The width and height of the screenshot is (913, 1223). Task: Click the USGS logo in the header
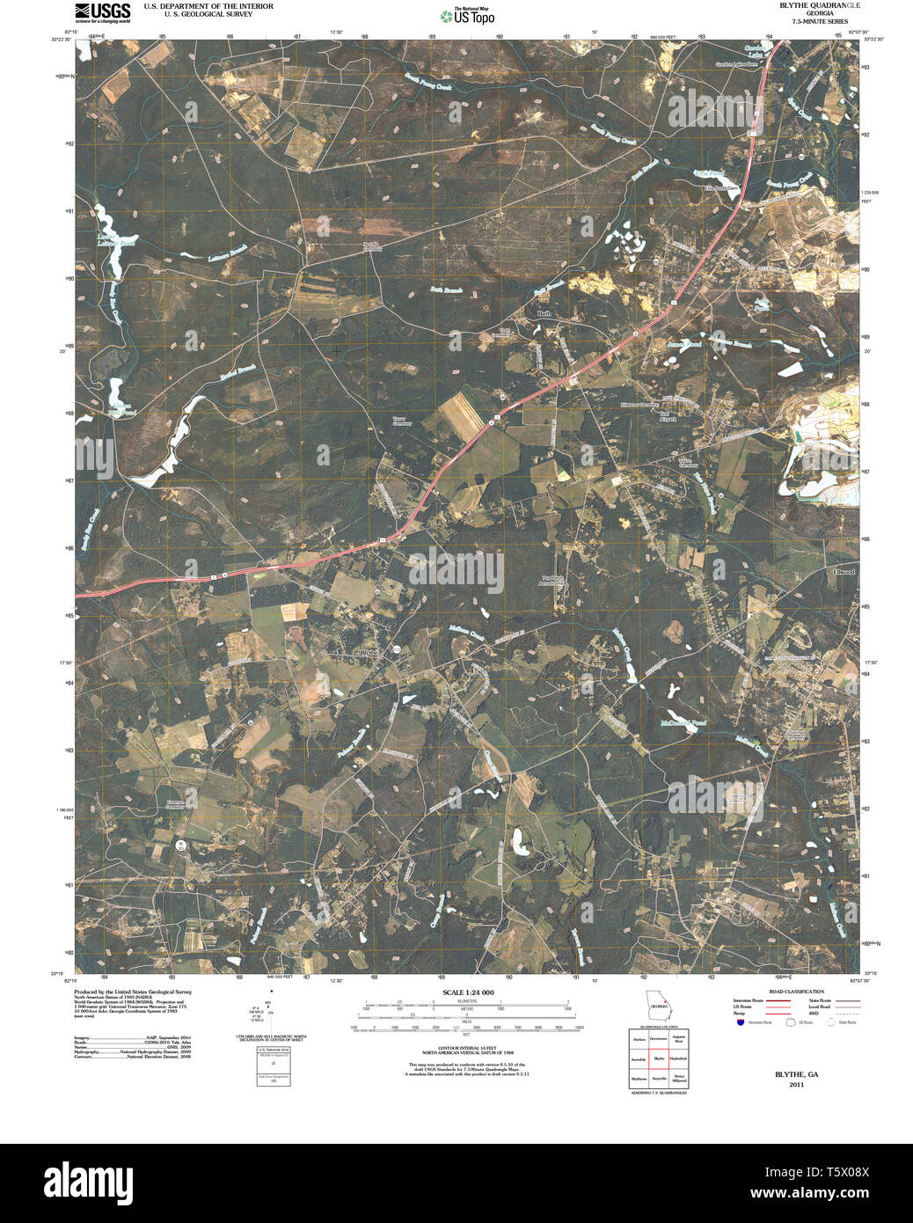[102, 11]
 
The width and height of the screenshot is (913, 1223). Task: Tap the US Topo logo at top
[468, 16]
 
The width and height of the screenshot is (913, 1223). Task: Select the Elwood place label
[843, 572]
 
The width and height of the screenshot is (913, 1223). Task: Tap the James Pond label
[683, 344]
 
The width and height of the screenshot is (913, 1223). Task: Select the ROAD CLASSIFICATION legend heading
[795, 992]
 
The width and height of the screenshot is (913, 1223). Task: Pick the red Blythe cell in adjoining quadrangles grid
[659, 1058]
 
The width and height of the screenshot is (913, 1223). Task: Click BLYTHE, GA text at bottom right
[796, 1074]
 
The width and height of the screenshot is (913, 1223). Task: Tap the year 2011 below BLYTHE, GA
[796, 1084]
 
